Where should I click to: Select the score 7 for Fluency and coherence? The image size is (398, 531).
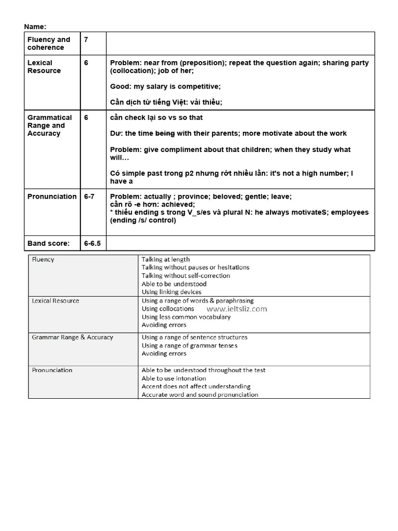[x=86, y=39]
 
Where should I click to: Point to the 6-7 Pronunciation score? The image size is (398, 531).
[x=89, y=197]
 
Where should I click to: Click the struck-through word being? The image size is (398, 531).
[x=165, y=133]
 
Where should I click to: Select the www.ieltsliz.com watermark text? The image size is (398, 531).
[x=237, y=309]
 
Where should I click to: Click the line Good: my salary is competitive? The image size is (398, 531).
[x=165, y=87]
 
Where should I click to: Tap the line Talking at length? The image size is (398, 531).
[x=166, y=259]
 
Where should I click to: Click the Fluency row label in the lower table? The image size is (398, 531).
[x=43, y=259]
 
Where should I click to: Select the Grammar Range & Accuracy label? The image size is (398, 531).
[x=72, y=337]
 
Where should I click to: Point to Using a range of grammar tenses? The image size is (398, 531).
[x=190, y=345]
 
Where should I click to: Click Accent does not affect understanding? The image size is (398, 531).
[x=196, y=386]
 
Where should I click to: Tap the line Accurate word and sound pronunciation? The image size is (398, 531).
[x=200, y=395]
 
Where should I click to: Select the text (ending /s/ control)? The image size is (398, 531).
[x=143, y=220]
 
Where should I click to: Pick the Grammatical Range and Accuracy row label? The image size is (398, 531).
[x=50, y=125]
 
